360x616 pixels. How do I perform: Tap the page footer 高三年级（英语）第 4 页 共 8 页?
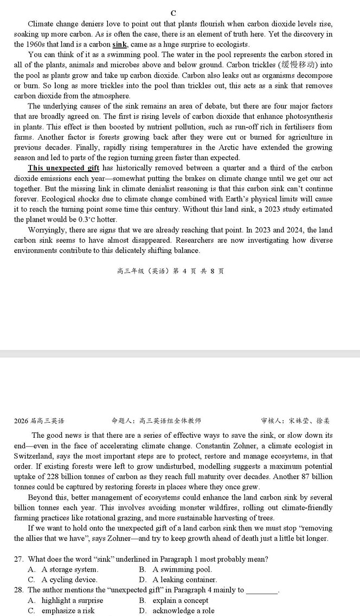[170, 271]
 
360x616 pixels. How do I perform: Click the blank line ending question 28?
[262, 590]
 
